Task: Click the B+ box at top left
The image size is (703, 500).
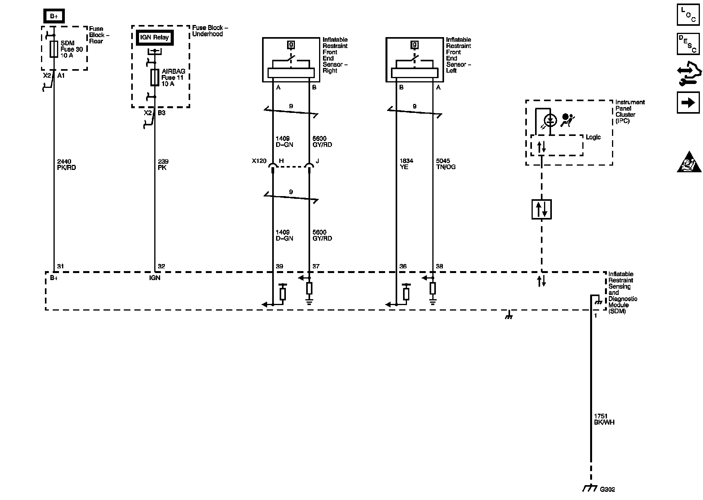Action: point(54,16)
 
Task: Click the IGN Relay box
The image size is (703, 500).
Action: point(155,38)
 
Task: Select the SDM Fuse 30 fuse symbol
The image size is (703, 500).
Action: point(54,50)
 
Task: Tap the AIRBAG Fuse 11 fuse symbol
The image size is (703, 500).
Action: point(155,78)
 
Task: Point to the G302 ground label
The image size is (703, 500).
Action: point(607,489)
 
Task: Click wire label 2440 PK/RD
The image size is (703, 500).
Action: point(66,164)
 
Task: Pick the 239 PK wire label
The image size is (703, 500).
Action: point(163,164)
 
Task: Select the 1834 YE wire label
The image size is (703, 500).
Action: point(406,164)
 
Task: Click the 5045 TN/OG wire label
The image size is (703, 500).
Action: point(446,164)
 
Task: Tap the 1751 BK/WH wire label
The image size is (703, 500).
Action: point(604,419)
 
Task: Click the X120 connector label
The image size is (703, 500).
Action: point(259,161)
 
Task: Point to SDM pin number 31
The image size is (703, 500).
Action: point(61,266)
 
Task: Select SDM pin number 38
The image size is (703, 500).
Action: point(439,266)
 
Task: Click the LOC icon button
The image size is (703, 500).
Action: point(688,14)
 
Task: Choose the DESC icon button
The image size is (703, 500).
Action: point(688,43)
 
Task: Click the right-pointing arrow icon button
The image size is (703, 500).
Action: point(688,102)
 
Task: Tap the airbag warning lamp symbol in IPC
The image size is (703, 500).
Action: point(550,120)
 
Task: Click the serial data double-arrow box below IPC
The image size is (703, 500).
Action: point(541,209)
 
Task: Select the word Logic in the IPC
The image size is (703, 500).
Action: point(593,137)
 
